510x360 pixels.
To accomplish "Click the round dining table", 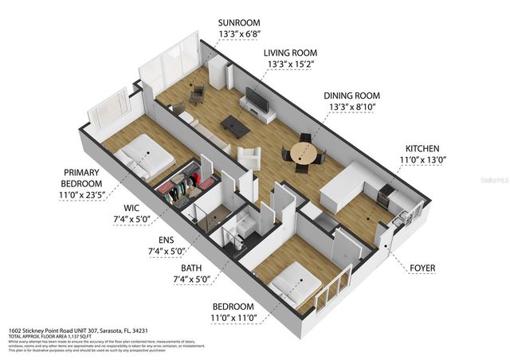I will click(303, 151).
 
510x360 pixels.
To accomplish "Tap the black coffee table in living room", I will click(234, 124).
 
